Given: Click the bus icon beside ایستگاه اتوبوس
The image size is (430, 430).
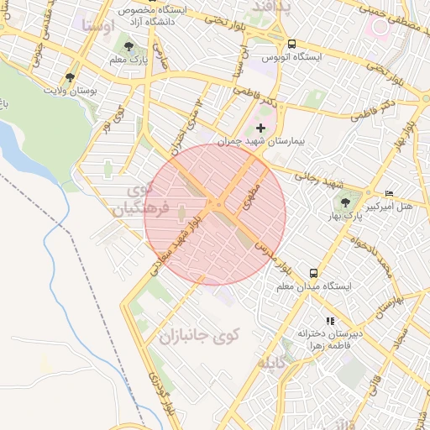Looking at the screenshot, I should pyautogui.click(x=291, y=44).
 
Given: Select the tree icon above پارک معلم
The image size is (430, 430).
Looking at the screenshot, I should pyautogui.click(x=128, y=47).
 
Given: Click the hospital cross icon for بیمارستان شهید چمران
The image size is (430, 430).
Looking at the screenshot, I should pyautogui.click(x=260, y=128).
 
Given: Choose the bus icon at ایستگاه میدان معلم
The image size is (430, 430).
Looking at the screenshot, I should pyautogui.click(x=313, y=273).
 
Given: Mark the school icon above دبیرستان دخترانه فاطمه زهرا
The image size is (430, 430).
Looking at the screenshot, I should pyautogui.click(x=330, y=320).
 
